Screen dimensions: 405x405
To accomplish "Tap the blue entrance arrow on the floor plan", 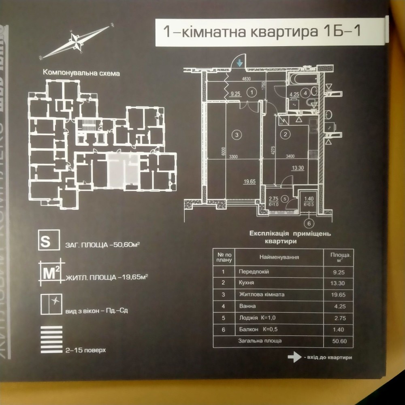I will (240, 63).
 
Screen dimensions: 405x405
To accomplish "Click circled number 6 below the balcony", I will (309, 223).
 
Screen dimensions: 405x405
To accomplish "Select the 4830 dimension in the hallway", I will (247, 80).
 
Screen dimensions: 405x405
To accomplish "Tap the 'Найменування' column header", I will (280, 257).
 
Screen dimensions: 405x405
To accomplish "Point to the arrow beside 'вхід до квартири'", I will (292, 357).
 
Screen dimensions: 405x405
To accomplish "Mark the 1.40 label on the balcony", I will (309, 199).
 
